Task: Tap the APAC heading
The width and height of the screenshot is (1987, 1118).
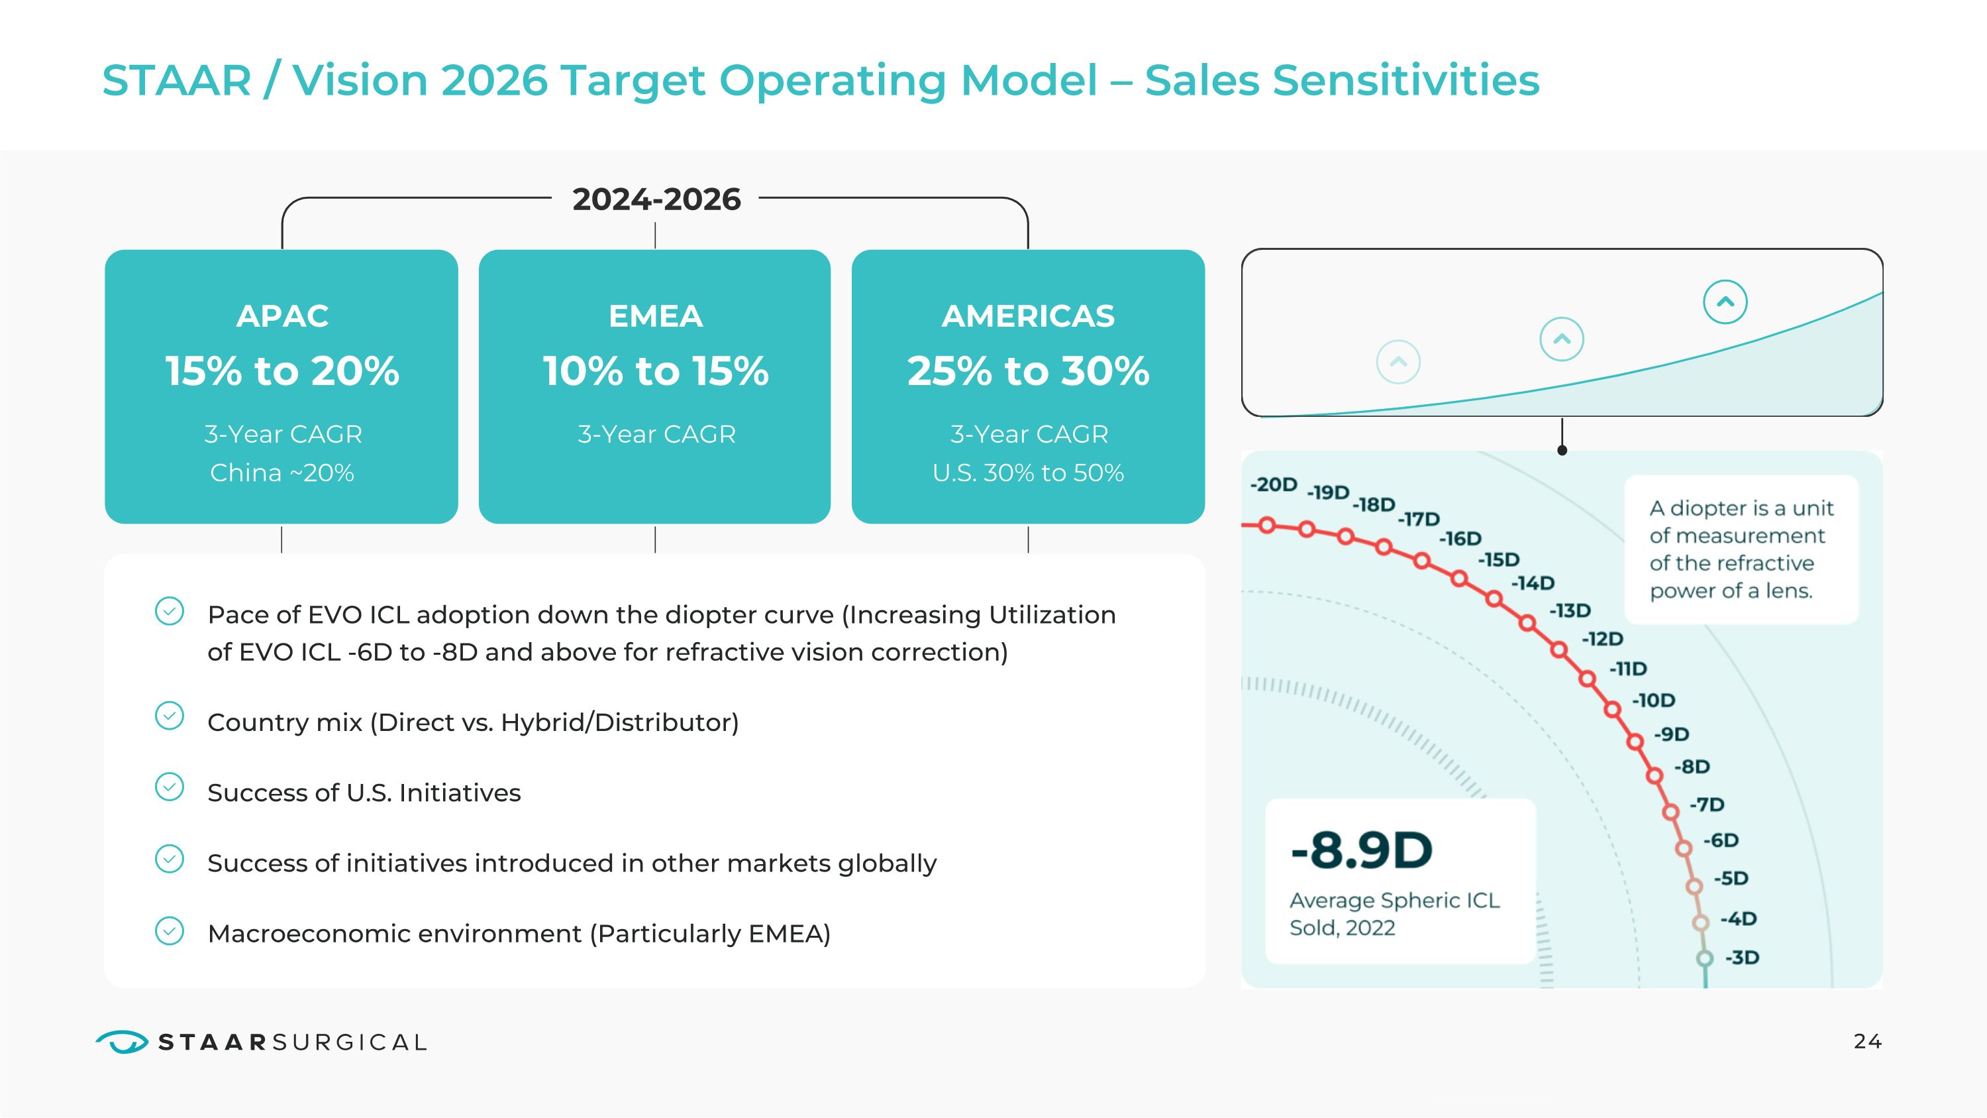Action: (x=282, y=315)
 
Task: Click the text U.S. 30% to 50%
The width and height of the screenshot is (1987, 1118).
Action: (x=1028, y=473)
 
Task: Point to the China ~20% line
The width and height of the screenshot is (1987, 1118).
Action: (x=282, y=473)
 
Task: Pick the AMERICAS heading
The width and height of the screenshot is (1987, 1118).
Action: (x=1028, y=315)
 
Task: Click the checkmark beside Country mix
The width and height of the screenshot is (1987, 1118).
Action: (x=170, y=716)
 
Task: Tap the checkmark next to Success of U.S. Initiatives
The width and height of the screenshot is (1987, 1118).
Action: (x=170, y=787)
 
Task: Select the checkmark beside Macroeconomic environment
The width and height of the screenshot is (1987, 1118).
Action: (x=170, y=931)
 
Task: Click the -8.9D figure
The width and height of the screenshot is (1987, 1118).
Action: (x=1362, y=850)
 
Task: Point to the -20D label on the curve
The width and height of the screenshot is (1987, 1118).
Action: (x=1274, y=484)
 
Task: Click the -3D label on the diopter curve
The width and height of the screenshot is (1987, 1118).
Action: (x=1743, y=958)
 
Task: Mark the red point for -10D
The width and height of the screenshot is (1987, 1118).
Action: (x=1613, y=709)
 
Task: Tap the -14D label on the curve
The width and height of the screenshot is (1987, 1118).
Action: (x=1533, y=583)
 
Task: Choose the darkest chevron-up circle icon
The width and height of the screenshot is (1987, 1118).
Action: (x=1725, y=302)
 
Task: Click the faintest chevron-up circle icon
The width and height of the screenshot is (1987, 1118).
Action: (x=1398, y=362)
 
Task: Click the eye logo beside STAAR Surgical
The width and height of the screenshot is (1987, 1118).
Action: (x=122, y=1042)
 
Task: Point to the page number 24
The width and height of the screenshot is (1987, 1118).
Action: (x=1867, y=1042)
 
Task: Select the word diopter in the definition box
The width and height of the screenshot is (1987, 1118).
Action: (x=1709, y=508)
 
